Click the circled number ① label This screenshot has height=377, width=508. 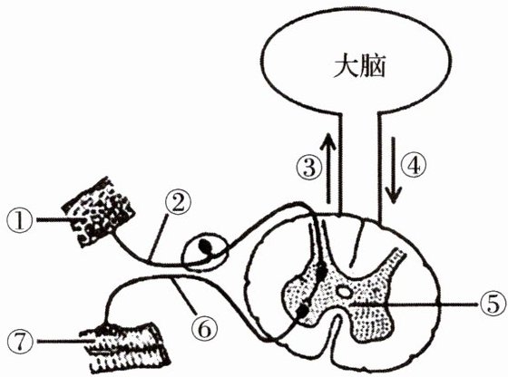pos(19,221)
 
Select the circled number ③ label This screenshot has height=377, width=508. pos(309,168)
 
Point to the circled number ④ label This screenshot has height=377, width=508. pos(413,166)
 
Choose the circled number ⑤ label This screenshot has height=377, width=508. pos(493,305)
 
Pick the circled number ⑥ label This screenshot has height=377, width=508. pos(204,328)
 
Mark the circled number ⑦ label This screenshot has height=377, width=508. pos(20,342)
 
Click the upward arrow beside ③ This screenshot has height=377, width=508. pos(328,168)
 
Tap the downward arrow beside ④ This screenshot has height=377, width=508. pos(394,170)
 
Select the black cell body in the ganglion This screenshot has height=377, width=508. pos(205,246)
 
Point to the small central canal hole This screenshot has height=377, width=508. pos(344,292)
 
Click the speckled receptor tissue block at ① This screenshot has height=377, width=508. pos(99,212)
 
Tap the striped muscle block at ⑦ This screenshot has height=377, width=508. pos(125,347)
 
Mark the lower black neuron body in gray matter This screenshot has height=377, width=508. pos(303,311)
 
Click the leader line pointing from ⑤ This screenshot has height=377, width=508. pos(413,304)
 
